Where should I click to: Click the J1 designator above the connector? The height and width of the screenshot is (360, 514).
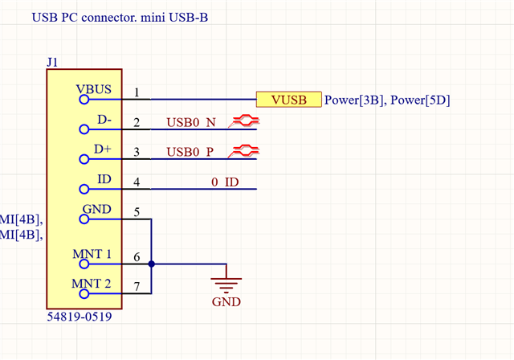coord(53,61)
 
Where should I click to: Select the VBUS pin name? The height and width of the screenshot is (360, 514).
coord(95,90)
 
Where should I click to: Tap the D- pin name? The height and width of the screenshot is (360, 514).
coord(102,120)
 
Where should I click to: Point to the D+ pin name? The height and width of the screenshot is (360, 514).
coord(102,149)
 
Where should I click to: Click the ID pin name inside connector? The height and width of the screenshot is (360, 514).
coord(104,178)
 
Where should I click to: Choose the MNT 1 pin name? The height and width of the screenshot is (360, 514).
coord(92,254)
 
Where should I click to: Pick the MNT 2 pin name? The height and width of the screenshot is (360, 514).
coord(92,283)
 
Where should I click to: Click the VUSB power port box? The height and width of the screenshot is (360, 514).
coord(288,100)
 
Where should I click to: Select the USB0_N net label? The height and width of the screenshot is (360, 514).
coord(191,123)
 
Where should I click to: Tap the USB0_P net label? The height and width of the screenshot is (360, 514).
coord(191,152)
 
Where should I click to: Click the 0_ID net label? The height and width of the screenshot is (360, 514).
coord(225,182)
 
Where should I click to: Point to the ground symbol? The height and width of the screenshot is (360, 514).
coord(226,282)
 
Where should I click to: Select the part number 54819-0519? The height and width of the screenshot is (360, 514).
coord(80,317)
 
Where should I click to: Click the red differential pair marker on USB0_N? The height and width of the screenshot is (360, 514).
coord(243,121)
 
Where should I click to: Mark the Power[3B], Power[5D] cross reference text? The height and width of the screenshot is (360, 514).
coord(386,100)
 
